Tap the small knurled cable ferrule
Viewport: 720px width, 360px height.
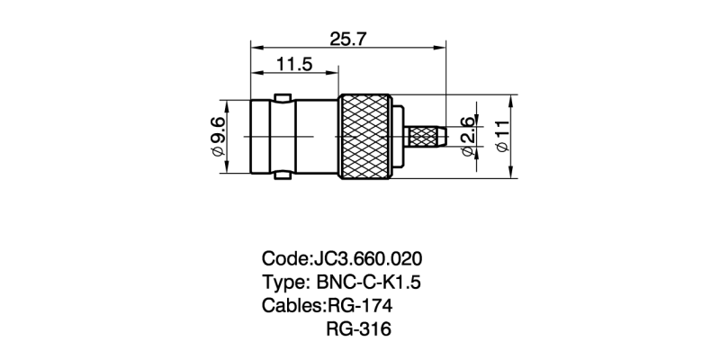pyautogui.click(x=427, y=137)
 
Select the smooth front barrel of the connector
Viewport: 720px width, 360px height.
pyautogui.click(x=292, y=137)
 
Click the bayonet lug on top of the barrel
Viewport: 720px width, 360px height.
pyautogui.click(x=283, y=94)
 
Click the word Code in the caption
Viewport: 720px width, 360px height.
pyautogui.click(x=283, y=256)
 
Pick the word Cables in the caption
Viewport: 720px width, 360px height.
pyautogui.click(x=291, y=305)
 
